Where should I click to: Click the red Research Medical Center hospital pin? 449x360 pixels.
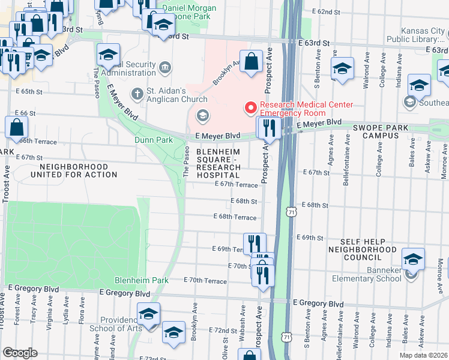(x=250, y=108)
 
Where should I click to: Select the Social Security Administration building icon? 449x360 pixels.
(x=166, y=65)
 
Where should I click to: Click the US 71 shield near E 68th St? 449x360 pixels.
(x=291, y=212)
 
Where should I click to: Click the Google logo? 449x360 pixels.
(x=19, y=353)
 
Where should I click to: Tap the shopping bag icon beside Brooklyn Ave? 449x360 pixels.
(x=253, y=62)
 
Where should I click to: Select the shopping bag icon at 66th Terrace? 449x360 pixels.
(x=16, y=128)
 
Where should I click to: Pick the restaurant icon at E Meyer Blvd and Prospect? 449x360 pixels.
(x=269, y=128)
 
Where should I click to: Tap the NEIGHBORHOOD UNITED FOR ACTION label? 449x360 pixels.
(x=79, y=170)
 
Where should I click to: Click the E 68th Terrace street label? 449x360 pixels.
(x=235, y=217)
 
